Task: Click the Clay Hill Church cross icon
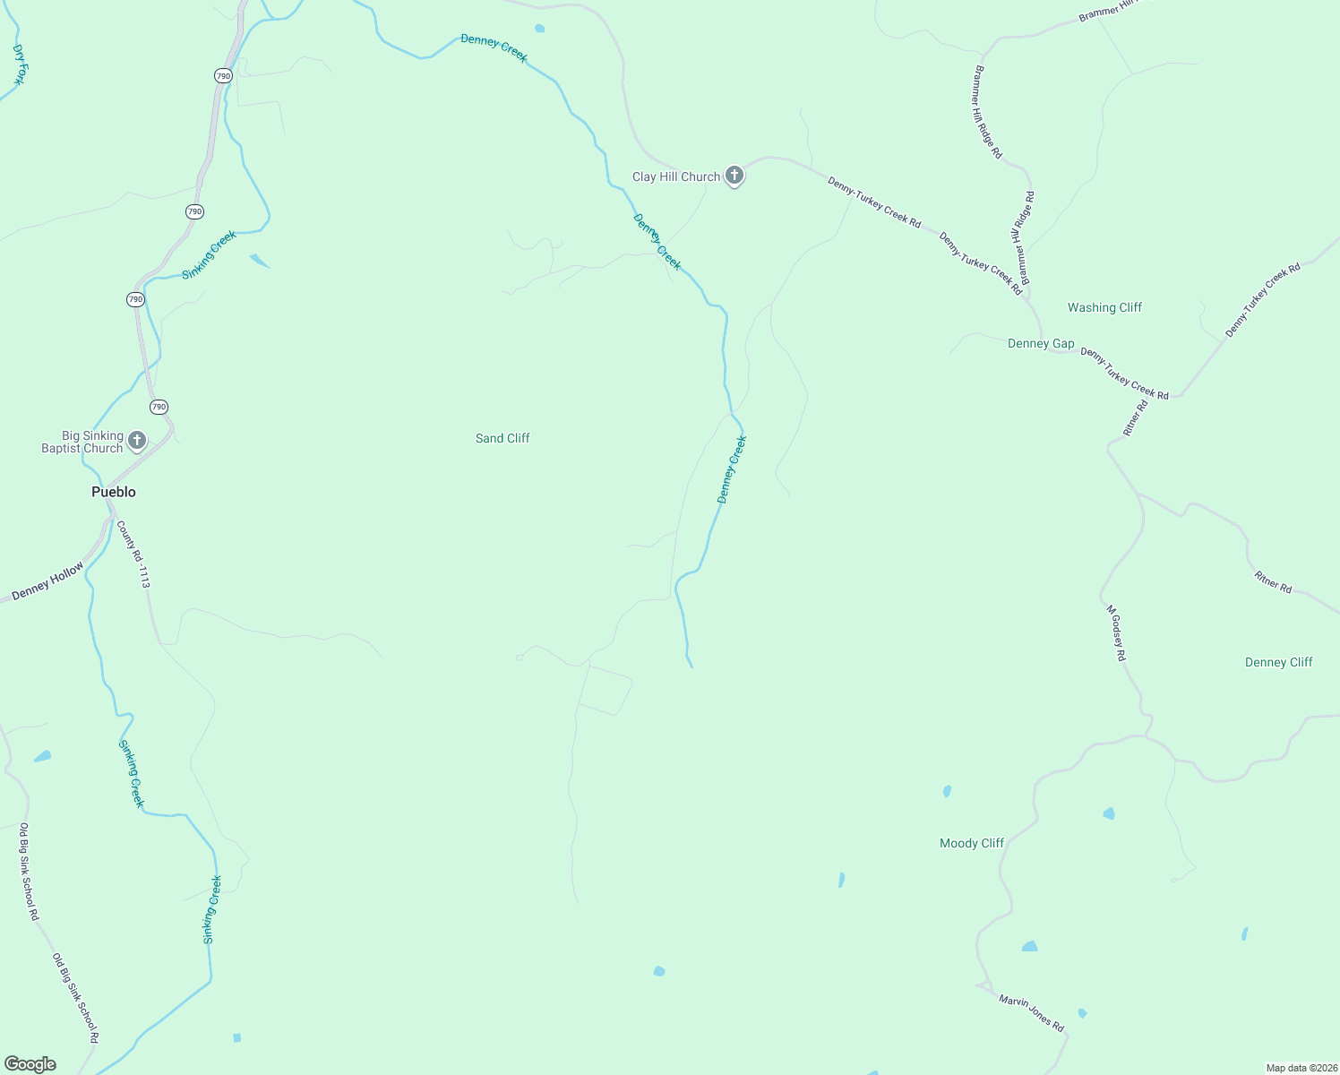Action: tap(734, 176)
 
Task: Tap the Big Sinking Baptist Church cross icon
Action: tap(137, 440)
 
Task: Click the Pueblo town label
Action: tap(114, 492)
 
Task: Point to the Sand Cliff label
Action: tap(502, 438)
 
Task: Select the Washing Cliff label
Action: tap(1104, 307)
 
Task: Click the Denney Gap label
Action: tap(1041, 343)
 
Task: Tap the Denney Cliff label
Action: tap(1278, 662)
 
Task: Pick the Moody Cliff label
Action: tap(972, 843)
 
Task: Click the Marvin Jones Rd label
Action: tap(1031, 1012)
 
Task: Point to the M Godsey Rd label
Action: tap(1115, 632)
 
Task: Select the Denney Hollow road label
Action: tap(48, 580)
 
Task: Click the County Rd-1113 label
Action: tap(133, 555)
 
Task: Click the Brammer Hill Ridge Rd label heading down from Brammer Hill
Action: tap(988, 112)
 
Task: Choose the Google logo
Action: tap(30, 1064)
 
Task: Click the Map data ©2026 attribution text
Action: tap(1301, 1068)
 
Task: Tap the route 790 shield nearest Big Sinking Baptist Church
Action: tap(159, 407)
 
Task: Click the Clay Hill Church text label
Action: tap(676, 176)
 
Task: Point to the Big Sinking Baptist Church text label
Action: tap(82, 443)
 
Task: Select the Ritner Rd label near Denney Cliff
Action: tap(1273, 581)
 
